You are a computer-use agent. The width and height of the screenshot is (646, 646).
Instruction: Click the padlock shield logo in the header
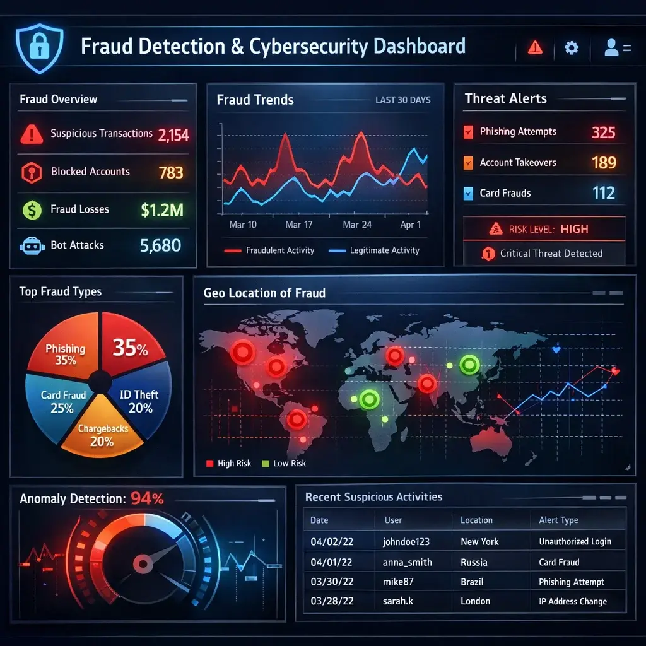39,49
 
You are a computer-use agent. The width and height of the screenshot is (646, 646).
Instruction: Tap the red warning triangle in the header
535,47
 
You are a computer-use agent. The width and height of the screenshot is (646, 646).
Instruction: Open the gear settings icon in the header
572,47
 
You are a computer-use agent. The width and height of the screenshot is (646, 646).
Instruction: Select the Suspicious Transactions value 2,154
173,134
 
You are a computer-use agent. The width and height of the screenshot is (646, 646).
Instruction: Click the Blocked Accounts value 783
171,172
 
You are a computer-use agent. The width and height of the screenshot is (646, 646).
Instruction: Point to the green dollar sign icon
32,210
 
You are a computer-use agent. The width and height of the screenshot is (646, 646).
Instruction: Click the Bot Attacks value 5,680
160,245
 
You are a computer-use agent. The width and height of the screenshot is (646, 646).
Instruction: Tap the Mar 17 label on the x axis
298,225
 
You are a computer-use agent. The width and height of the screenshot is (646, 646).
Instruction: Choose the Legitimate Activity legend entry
375,250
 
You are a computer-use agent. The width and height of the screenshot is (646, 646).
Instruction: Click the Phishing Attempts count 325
603,132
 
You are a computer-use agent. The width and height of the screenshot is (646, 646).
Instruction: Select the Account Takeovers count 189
604,163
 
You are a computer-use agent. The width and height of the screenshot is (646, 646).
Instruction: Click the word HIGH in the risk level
574,229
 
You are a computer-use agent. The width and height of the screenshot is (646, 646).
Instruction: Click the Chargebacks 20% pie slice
103,435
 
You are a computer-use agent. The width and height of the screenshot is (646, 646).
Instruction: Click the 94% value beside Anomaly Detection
147,498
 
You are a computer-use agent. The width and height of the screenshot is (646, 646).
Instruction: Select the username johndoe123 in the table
407,541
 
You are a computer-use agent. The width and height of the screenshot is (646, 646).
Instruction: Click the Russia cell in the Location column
474,562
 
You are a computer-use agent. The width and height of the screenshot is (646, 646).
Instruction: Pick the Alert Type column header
558,520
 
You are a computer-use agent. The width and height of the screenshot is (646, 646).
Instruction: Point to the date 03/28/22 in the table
331,601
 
